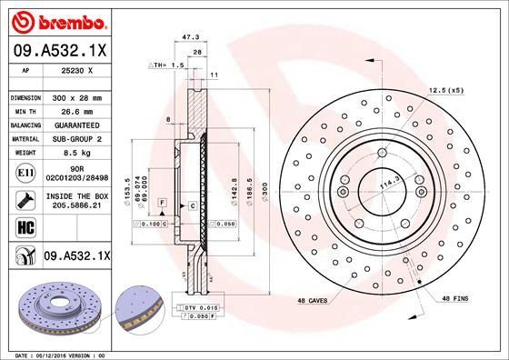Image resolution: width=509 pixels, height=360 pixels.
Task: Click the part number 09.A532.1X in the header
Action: (x=60, y=52)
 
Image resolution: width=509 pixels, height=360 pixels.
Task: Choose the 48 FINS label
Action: (x=455, y=299)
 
